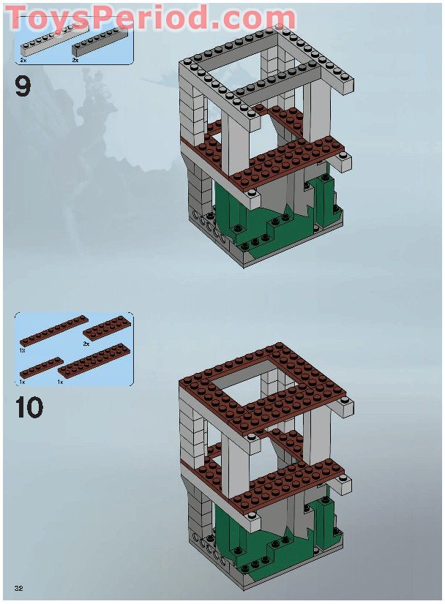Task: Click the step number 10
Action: click(x=29, y=407)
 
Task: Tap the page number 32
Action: click(x=19, y=588)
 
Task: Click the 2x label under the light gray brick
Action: click(x=23, y=61)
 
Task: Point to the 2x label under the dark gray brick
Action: click(x=75, y=61)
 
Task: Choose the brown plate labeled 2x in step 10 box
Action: click(x=106, y=328)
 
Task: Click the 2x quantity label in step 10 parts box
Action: click(x=86, y=344)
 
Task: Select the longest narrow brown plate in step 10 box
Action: click(x=53, y=330)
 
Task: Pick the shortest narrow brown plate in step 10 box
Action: click(x=41, y=368)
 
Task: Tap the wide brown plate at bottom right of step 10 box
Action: click(x=94, y=360)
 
